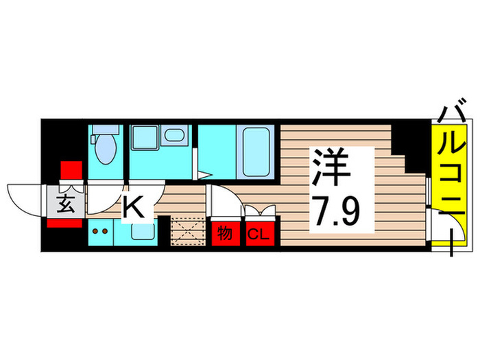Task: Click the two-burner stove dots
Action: click(101, 231)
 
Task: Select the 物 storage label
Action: click(224, 234)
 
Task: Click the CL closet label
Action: click(258, 235)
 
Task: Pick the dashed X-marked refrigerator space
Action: click(187, 230)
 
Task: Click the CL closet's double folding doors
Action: click(259, 211)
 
